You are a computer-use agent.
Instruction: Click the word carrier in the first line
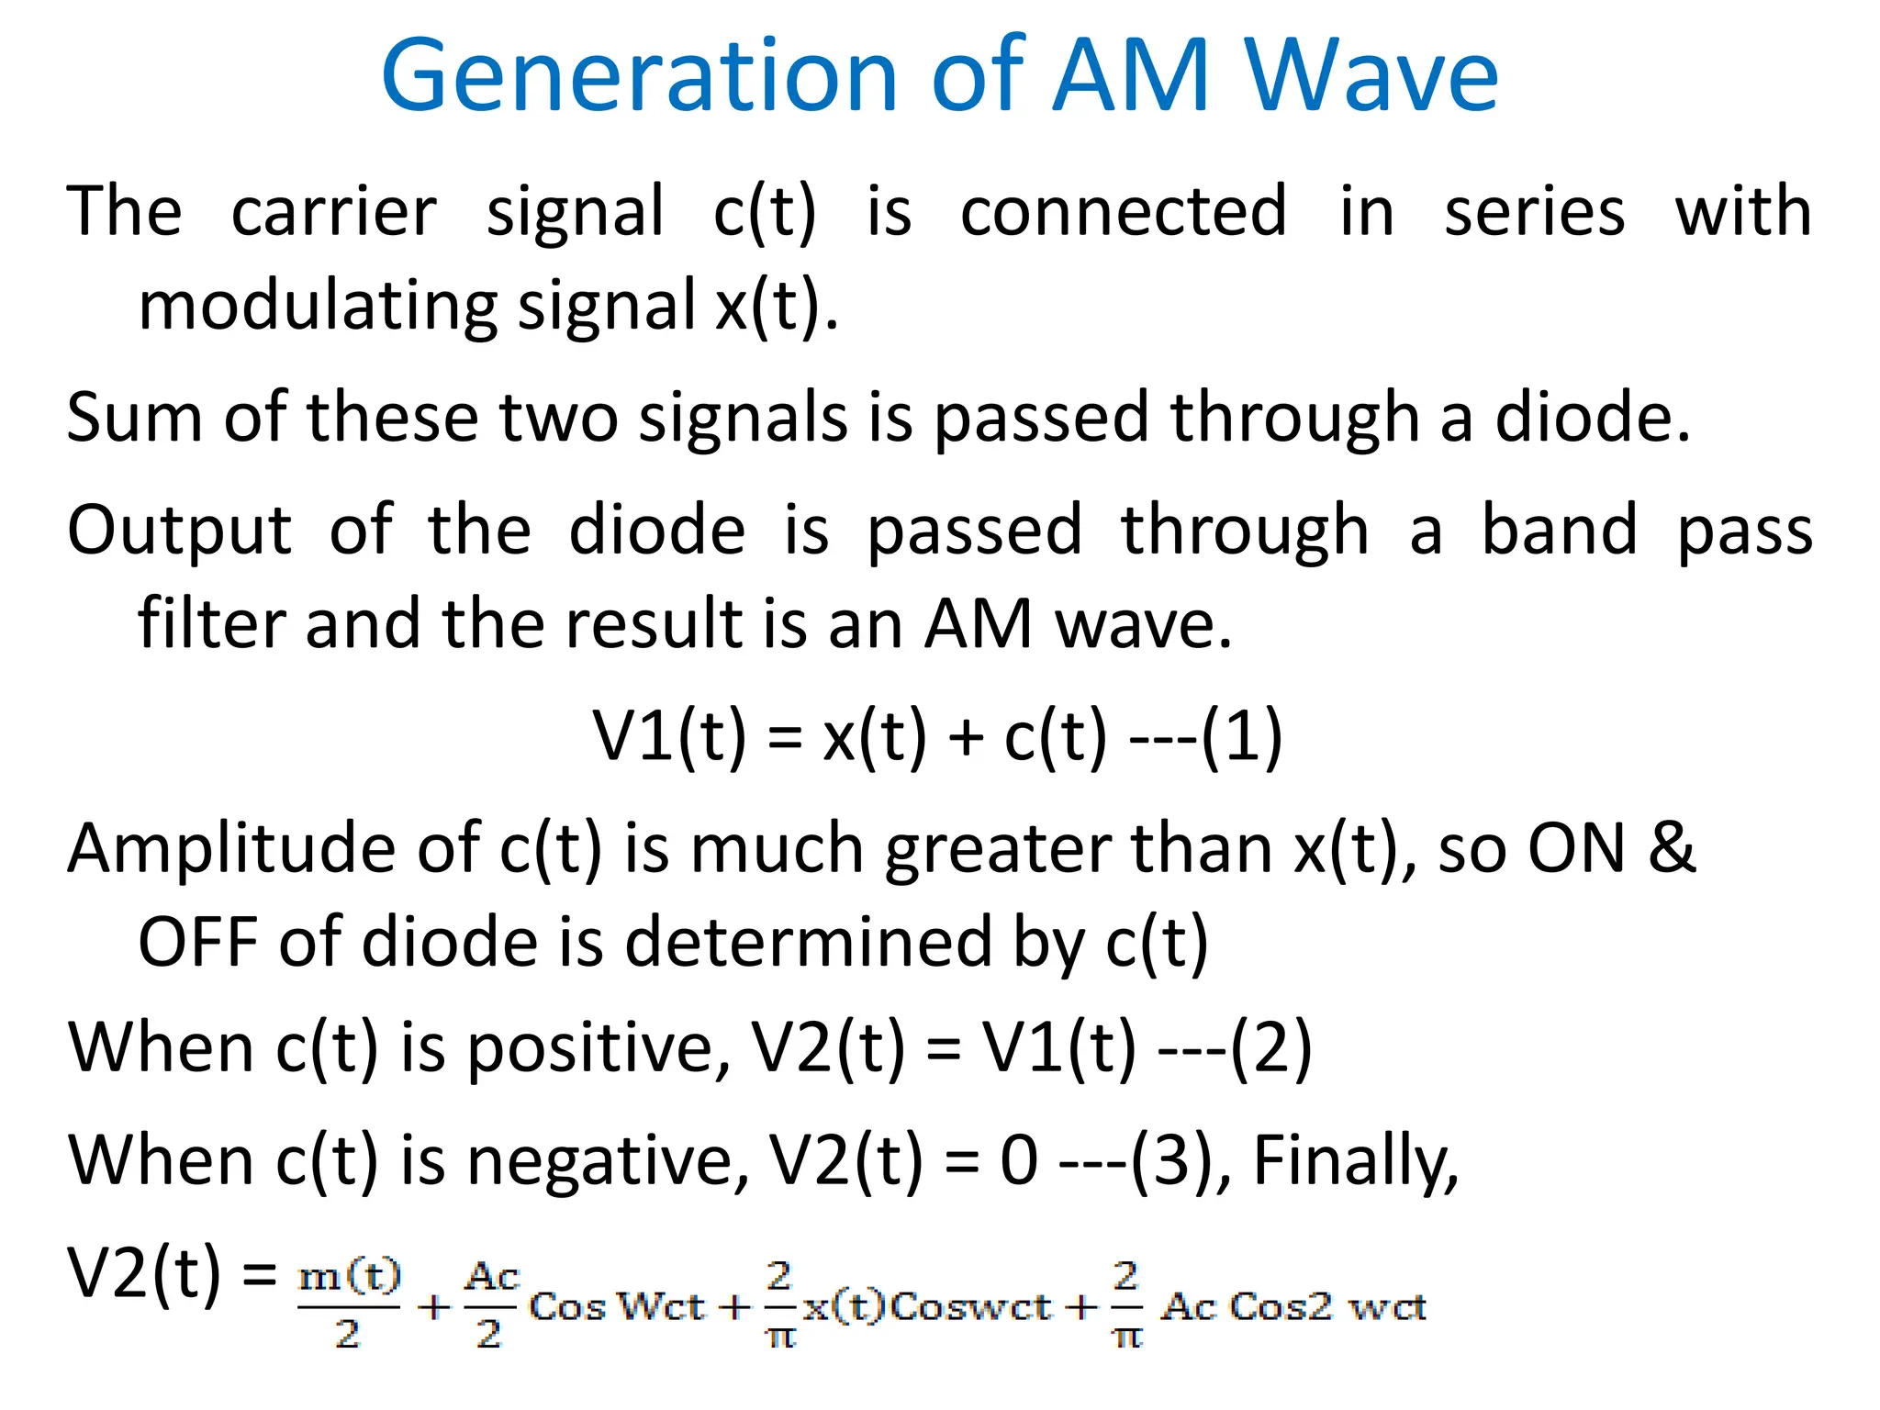(333, 212)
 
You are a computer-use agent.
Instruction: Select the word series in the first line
(1534, 212)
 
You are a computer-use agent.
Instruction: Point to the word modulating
(318, 307)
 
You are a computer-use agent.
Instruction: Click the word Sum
(134, 419)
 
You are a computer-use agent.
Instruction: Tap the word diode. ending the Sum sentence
(1592, 419)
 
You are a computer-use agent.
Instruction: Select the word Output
(179, 532)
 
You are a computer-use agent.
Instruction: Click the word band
(1560, 530)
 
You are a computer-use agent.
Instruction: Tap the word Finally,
(1355, 1161)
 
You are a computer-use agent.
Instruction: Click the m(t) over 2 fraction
(350, 1304)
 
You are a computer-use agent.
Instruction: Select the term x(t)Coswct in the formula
(927, 1306)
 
